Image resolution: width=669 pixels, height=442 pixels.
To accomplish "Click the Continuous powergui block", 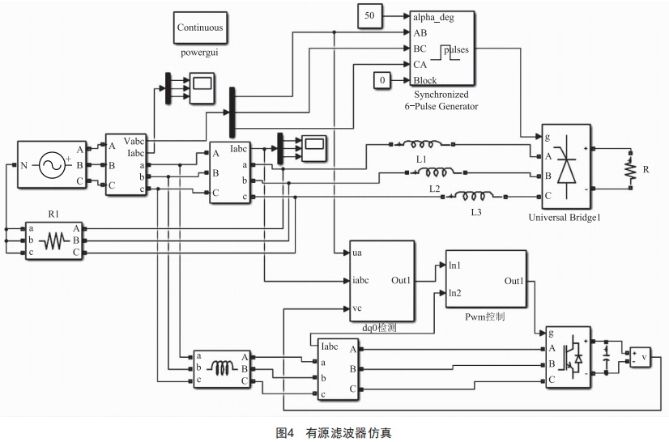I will click(199, 28).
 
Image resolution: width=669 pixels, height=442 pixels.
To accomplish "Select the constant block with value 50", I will click(369, 15).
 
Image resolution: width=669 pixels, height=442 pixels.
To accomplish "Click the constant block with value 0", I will click(382, 79).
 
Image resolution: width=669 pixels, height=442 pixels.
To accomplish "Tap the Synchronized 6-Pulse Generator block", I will click(441, 48).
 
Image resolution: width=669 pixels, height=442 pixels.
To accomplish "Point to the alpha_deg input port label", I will click(433, 15).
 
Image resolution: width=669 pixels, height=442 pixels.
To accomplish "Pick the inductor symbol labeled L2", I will click(438, 172).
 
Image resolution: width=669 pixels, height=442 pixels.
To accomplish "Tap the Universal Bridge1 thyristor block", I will click(566, 167).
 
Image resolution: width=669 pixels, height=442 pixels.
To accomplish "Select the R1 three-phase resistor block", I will click(53, 240).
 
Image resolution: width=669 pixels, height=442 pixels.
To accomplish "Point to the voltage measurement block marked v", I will click(639, 357).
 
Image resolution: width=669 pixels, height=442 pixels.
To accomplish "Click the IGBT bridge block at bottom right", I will click(568, 357).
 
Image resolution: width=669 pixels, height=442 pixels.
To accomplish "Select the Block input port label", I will click(425, 80).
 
